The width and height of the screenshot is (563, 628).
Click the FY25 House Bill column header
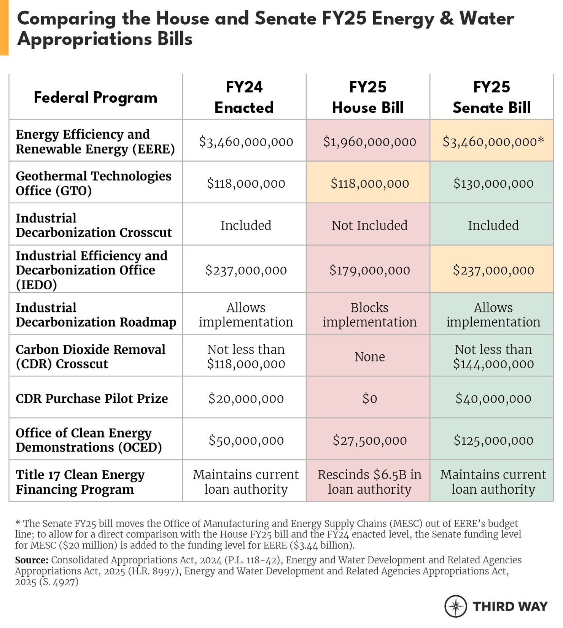pos(368,97)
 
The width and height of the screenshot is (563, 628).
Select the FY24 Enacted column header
pos(244,97)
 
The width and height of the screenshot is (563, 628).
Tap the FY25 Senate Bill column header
pos(491,97)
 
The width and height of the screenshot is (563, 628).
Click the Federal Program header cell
pos(95,97)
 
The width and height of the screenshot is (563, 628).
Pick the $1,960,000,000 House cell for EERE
pos(369,142)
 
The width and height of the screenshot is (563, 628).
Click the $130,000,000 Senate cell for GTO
pos(493,184)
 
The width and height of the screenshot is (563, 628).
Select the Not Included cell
pos(369,225)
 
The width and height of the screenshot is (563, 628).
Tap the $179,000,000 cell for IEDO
pos(369,270)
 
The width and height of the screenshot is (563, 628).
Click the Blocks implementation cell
pos(369,315)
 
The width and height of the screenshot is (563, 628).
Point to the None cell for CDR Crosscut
pos(369,357)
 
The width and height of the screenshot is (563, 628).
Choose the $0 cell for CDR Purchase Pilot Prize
pos(369,398)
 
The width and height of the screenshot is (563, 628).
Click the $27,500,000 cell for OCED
pos(369,440)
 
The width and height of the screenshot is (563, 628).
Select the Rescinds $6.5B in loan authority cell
pos(369,482)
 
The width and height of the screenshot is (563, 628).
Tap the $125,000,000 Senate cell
pos(493,440)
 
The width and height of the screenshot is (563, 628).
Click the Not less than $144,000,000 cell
pos(493,357)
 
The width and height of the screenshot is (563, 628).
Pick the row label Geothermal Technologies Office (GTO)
pos(94,183)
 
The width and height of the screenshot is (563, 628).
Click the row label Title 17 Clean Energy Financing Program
pos(80,482)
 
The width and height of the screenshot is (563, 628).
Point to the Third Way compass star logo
pos(455,606)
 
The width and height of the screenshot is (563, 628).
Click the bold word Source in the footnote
pos(32,560)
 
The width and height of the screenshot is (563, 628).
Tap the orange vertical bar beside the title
pos(4,27)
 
